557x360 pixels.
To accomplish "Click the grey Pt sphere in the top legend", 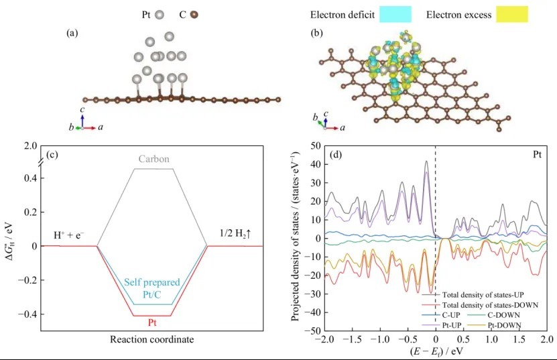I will pyautogui.click(x=159, y=14).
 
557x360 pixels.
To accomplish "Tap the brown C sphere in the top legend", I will pyautogui.click(x=195, y=14).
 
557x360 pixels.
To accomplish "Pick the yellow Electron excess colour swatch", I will pyautogui.click(x=512, y=13).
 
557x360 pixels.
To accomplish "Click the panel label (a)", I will pyautogui.click(x=74, y=32).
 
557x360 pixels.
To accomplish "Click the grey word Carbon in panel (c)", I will pyautogui.click(x=154, y=160).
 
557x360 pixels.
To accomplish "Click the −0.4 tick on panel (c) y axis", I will pyautogui.click(x=25, y=314).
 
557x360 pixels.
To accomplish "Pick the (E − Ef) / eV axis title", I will pyautogui.click(x=435, y=352).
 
